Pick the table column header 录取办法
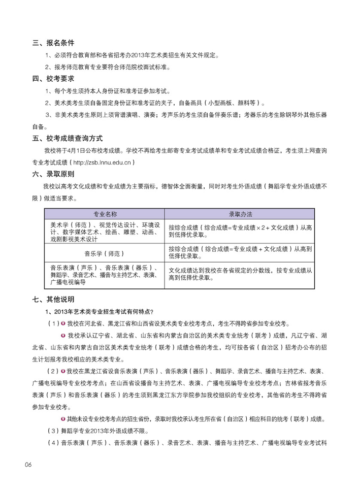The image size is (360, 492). pyautogui.click(x=241, y=214)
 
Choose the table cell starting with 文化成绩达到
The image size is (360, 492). pyautogui.click(x=241, y=275)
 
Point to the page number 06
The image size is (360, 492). pyautogui.click(x=28, y=465)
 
